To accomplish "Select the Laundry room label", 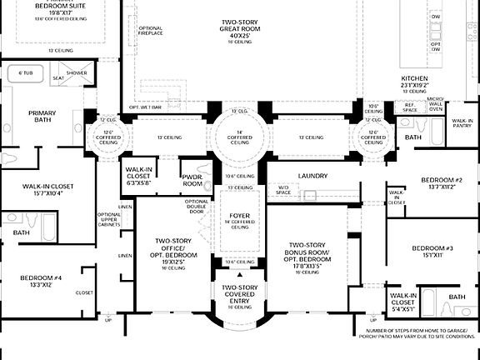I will click(312, 176).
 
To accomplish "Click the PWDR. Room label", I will click(192, 180).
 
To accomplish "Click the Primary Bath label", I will click(42, 117).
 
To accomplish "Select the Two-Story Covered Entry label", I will click(240, 293).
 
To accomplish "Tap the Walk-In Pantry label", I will click(462, 123).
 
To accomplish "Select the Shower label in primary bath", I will click(77, 73).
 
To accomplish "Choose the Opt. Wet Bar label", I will click(144, 107).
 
